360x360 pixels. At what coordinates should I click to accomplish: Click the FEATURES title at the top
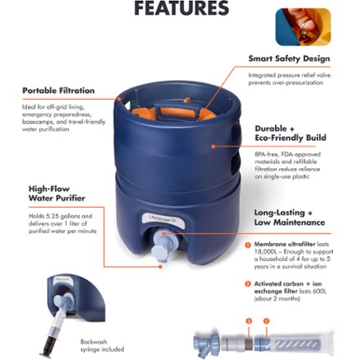(x=181, y=9)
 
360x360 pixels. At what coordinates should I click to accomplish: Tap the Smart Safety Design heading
(x=289, y=59)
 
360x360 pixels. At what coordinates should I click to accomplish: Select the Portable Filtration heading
(x=58, y=90)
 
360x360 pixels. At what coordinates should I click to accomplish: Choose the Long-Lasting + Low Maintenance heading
(x=289, y=217)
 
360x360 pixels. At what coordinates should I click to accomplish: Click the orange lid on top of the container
(x=173, y=110)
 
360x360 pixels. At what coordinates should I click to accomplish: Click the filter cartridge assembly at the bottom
(x=270, y=343)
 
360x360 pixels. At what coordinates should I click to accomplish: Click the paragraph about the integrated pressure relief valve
(x=289, y=77)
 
